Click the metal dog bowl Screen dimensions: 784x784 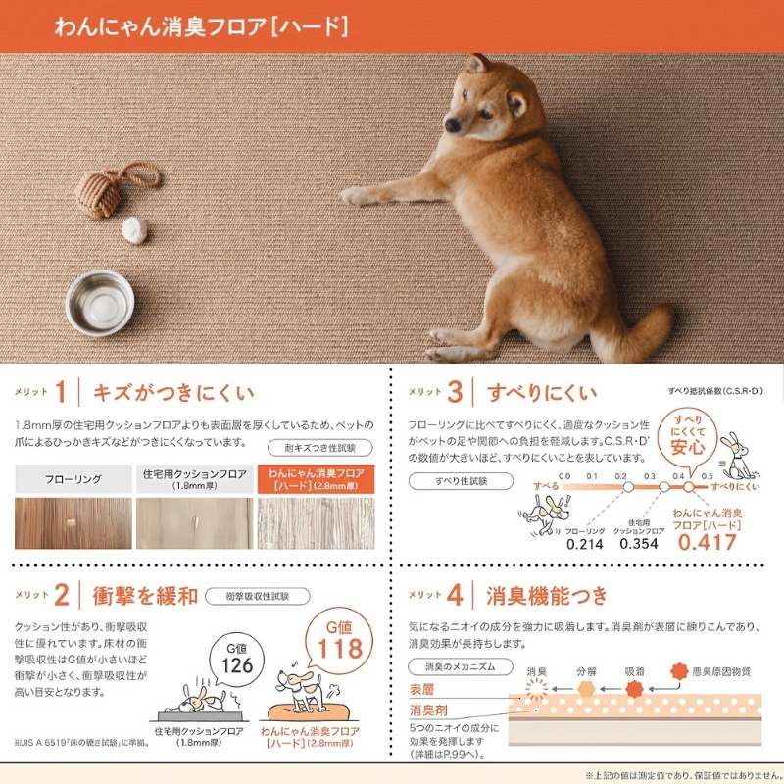(100, 301)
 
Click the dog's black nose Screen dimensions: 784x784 (453, 125)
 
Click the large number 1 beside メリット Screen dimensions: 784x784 (61, 393)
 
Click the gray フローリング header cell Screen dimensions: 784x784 (73, 480)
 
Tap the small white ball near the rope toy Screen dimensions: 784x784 (133, 228)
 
